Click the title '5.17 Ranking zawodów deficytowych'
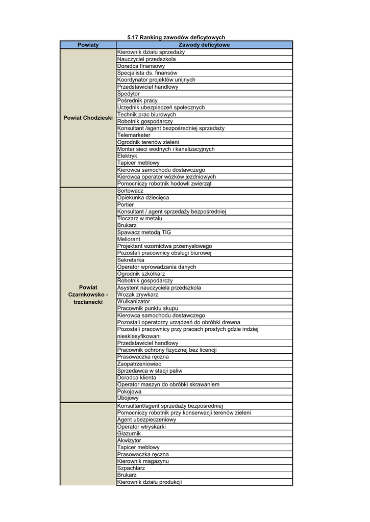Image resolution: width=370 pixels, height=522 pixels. pyautogui.click(x=176, y=38)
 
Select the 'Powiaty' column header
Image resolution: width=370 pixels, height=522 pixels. pyautogui.click(x=88, y=45)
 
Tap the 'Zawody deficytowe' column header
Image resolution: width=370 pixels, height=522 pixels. pyautogui.click(x=204, y=45)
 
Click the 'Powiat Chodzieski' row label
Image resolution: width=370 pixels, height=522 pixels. pyautogui.click(x=88, y=118)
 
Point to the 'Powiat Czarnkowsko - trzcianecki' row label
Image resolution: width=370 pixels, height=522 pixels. pyautogui.click(x=88, y=295)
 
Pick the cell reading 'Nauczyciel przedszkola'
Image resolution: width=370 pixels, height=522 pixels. pyautogui.click(x=146, y=59)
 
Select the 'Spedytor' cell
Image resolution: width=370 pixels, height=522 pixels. pyautogui.click(x=128, y=94)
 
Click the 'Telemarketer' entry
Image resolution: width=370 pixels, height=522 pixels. pyautogui.click(x=134, y=135)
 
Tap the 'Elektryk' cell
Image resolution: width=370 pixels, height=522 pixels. pyautogui.click(x=127, y=156)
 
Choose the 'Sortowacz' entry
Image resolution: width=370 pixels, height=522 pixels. pyautogui.click(x=130, y=191)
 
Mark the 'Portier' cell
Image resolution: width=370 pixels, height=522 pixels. pyautogui.click(x=126, y=204)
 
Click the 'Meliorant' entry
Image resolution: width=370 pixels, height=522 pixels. pyautogui.click(x=129, y=239)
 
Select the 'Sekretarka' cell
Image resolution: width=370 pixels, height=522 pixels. pyautogui.click(x=131, y=260)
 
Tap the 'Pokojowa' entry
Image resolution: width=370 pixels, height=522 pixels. pyautogui.click(x=129, y=391)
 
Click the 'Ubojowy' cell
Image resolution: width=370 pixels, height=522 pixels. pyautogui.click(x=128, y=398)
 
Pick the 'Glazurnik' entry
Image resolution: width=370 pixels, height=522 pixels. pyautogui.click(x=129, y=433)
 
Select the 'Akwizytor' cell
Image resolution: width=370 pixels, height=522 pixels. pyautogui.click(x=129, y=440)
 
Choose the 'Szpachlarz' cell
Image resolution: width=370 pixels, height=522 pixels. pyautogui.click(x=131, y=468)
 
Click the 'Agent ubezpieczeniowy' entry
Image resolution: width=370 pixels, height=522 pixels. pyautogui.click(x=146, y=420)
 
